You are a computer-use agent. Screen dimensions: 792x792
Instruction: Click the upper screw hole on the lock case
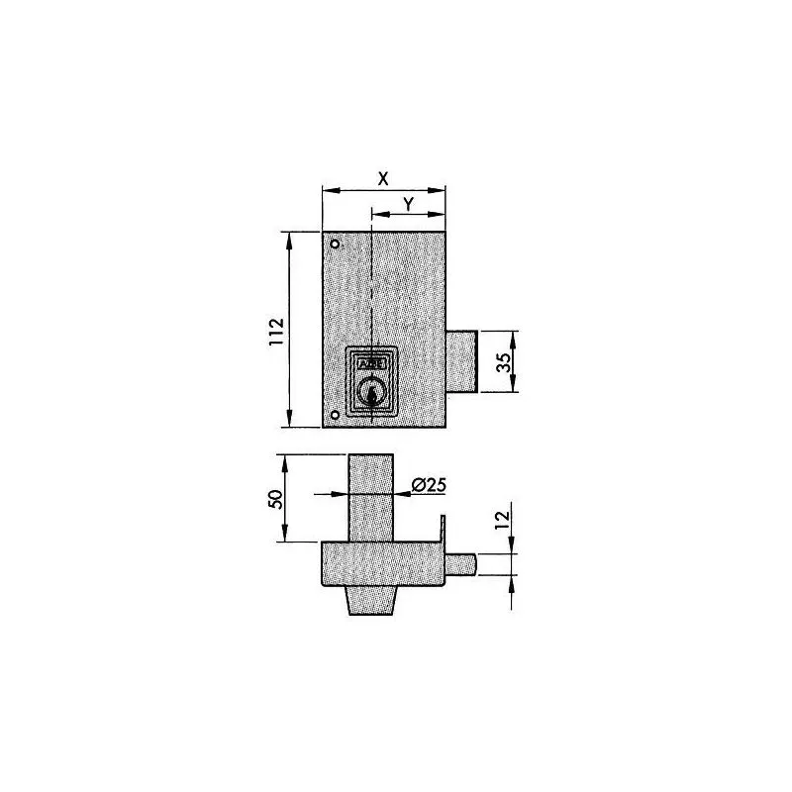(336, 245)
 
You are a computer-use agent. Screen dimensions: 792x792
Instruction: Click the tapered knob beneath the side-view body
(371, 600)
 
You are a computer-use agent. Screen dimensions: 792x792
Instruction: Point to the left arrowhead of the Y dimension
(375, 212)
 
